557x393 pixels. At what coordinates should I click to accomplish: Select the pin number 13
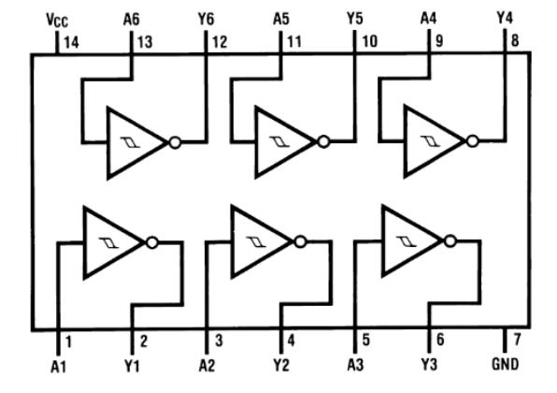(145, 41)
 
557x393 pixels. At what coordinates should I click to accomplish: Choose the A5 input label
(281, 18)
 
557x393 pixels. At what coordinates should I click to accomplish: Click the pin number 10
(370, 41)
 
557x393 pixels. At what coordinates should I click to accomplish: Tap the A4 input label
(429, 18)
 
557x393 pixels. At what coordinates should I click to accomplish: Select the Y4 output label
(504, 18)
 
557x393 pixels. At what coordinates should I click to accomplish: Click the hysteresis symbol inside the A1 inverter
(108, 242)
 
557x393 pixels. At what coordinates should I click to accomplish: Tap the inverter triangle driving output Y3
(410, 242)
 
